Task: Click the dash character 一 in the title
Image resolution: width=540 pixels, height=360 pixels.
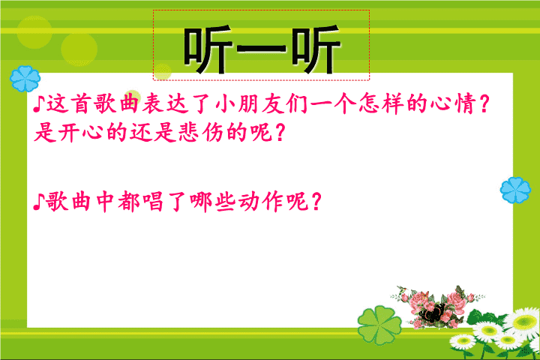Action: pos(262,49)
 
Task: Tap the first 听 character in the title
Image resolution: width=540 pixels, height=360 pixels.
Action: pos(208,49)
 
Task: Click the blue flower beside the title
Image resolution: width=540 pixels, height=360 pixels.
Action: pos(25,79)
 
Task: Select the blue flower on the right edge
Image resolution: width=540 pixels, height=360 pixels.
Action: pos(515,190)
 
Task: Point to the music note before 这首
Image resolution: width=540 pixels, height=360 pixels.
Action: pos(38,104)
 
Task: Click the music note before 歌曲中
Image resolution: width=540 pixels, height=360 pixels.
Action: pos(38,202)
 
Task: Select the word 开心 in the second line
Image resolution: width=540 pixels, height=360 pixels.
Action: pos(80,132)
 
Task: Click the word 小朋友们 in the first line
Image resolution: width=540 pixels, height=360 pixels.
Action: pos(261,103)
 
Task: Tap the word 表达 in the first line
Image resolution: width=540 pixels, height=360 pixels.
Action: pos(166,103)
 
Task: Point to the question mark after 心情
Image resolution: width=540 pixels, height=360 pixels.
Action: pos(484,103)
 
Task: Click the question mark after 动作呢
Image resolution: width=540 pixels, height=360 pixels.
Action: pos(316,202)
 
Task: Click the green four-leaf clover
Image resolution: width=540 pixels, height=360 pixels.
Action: pos(379,325)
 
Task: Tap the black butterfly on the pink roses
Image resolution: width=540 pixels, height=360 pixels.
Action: pos(431,313)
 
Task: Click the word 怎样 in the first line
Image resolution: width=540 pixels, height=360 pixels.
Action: pos(381,103)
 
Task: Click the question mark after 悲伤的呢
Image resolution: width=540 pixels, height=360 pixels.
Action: pos(280,133)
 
